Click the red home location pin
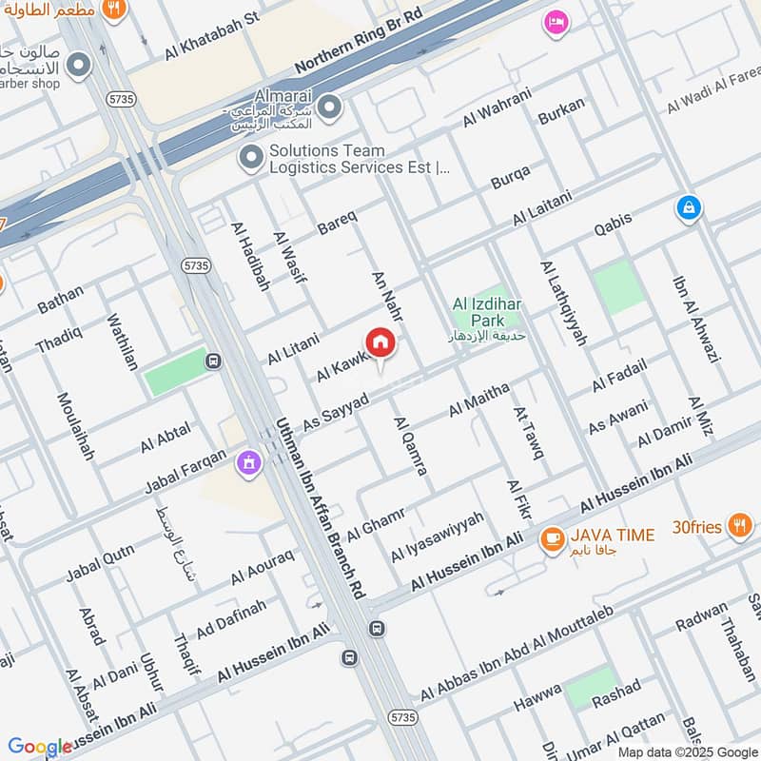(x=380, y=343)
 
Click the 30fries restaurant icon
(x=738, y=524)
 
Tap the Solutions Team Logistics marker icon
(x=251, y=158)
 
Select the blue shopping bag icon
(x=689, y=206)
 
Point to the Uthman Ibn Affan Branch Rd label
(x=319, y=505)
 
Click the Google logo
(x=40, y=747)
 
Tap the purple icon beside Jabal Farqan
(x=249, y=463)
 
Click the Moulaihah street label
(x=75, y=426)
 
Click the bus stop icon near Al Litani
(x=214, y=361)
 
